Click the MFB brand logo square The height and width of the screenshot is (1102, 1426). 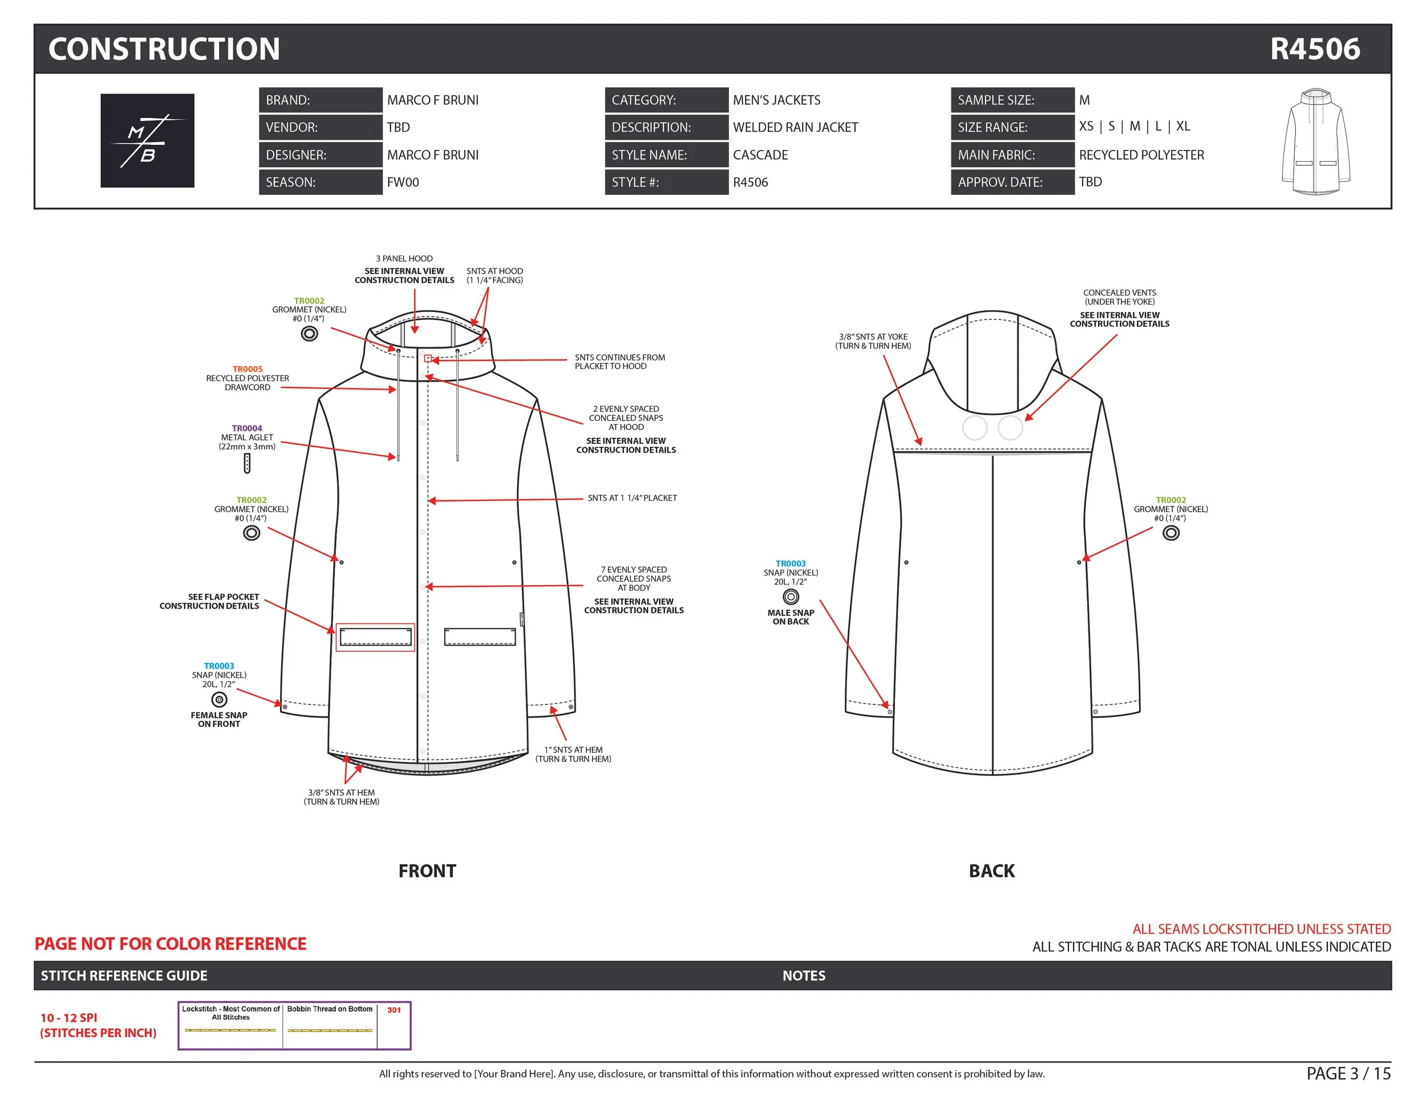[x=147, y=140]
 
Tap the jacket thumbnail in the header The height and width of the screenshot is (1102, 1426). [x=1316, y=141]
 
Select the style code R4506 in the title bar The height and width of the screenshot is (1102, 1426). [x=1314, y=49]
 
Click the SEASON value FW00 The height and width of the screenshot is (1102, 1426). [x=403, y=182]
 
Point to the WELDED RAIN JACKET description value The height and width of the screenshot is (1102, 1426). [x=795, y=127]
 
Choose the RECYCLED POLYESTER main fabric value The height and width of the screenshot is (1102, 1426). [x=1141, y=155]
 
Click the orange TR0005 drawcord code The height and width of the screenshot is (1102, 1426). [x=248, y=369]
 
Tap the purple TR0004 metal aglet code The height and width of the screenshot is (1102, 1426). [x=247, y=428]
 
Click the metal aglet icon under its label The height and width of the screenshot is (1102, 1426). [x=247, y=463]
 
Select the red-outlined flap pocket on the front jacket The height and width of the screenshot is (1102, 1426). [x=375, y=637]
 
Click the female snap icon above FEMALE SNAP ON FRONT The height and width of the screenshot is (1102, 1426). [x=220, y=699]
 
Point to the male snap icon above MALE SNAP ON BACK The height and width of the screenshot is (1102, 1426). [x=790, y=597]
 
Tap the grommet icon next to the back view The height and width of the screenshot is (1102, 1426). [x=1170, y=533]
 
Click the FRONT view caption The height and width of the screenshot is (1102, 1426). [x=427, y=871]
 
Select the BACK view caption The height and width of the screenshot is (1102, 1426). [x=991, y=871]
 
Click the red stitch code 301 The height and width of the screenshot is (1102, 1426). [x=394, y=1010]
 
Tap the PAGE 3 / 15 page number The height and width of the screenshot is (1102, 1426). [x=1348, y=1073]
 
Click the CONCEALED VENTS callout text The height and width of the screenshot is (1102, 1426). [x=1119, y=297]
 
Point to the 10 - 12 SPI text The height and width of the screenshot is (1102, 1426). [x=68, y=1018]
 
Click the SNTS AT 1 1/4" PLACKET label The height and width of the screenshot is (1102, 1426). [x=631, y=498]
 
